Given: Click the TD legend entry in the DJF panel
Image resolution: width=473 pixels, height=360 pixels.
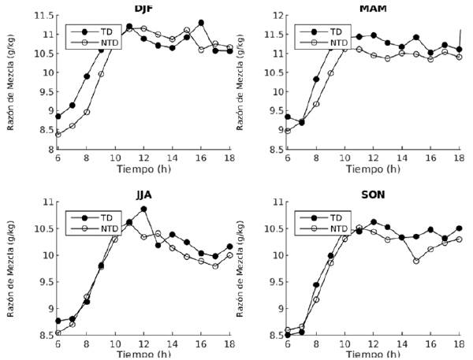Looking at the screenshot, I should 102,32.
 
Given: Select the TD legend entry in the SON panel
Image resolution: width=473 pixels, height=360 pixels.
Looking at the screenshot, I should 337,217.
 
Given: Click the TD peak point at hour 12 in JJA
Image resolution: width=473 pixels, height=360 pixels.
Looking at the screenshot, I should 143,210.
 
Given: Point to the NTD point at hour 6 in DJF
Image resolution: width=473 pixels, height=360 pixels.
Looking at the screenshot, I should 58,134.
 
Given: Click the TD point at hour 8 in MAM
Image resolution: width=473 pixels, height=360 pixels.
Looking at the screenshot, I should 316,79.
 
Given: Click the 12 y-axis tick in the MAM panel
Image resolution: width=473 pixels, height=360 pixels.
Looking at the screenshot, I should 282,16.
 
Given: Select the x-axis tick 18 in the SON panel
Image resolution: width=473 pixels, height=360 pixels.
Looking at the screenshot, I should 461,344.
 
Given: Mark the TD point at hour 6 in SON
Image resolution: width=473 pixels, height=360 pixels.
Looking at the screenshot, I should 289,335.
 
